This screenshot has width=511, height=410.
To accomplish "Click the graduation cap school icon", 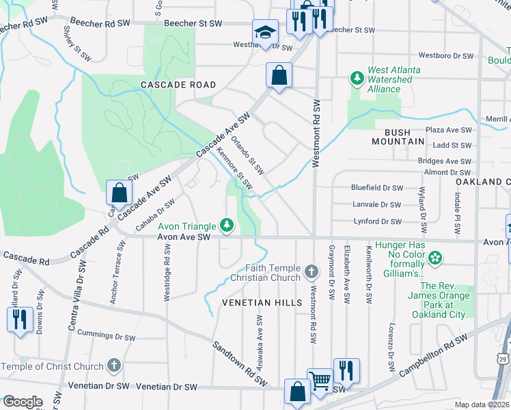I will click(265, 31).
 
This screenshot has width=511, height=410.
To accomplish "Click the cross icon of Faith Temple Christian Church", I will click(312, 272).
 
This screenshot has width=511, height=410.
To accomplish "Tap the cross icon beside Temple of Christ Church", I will click(114, 366).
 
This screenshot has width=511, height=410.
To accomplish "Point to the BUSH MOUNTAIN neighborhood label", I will click(398, 136).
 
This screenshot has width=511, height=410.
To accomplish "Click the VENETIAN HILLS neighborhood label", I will click(262, 302).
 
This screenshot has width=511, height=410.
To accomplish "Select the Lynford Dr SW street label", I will click(377, 221).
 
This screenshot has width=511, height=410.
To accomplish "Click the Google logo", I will click(22, 401).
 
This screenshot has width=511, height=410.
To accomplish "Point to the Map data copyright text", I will click(482, 405).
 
